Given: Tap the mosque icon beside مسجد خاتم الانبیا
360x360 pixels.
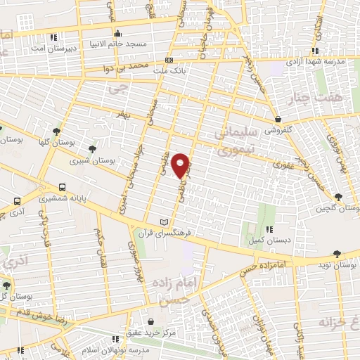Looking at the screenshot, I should click(117, 32).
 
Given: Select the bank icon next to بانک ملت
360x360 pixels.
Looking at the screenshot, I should click(169, 60).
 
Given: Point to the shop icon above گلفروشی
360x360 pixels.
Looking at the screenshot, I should click(280, 119).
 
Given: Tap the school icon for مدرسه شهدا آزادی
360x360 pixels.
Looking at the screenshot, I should click(316, 50).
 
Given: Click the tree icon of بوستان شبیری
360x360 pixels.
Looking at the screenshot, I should click(93, 148).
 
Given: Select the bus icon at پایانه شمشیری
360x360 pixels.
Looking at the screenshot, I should click(63, 188).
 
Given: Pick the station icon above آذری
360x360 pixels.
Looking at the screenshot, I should click(17, 200).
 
